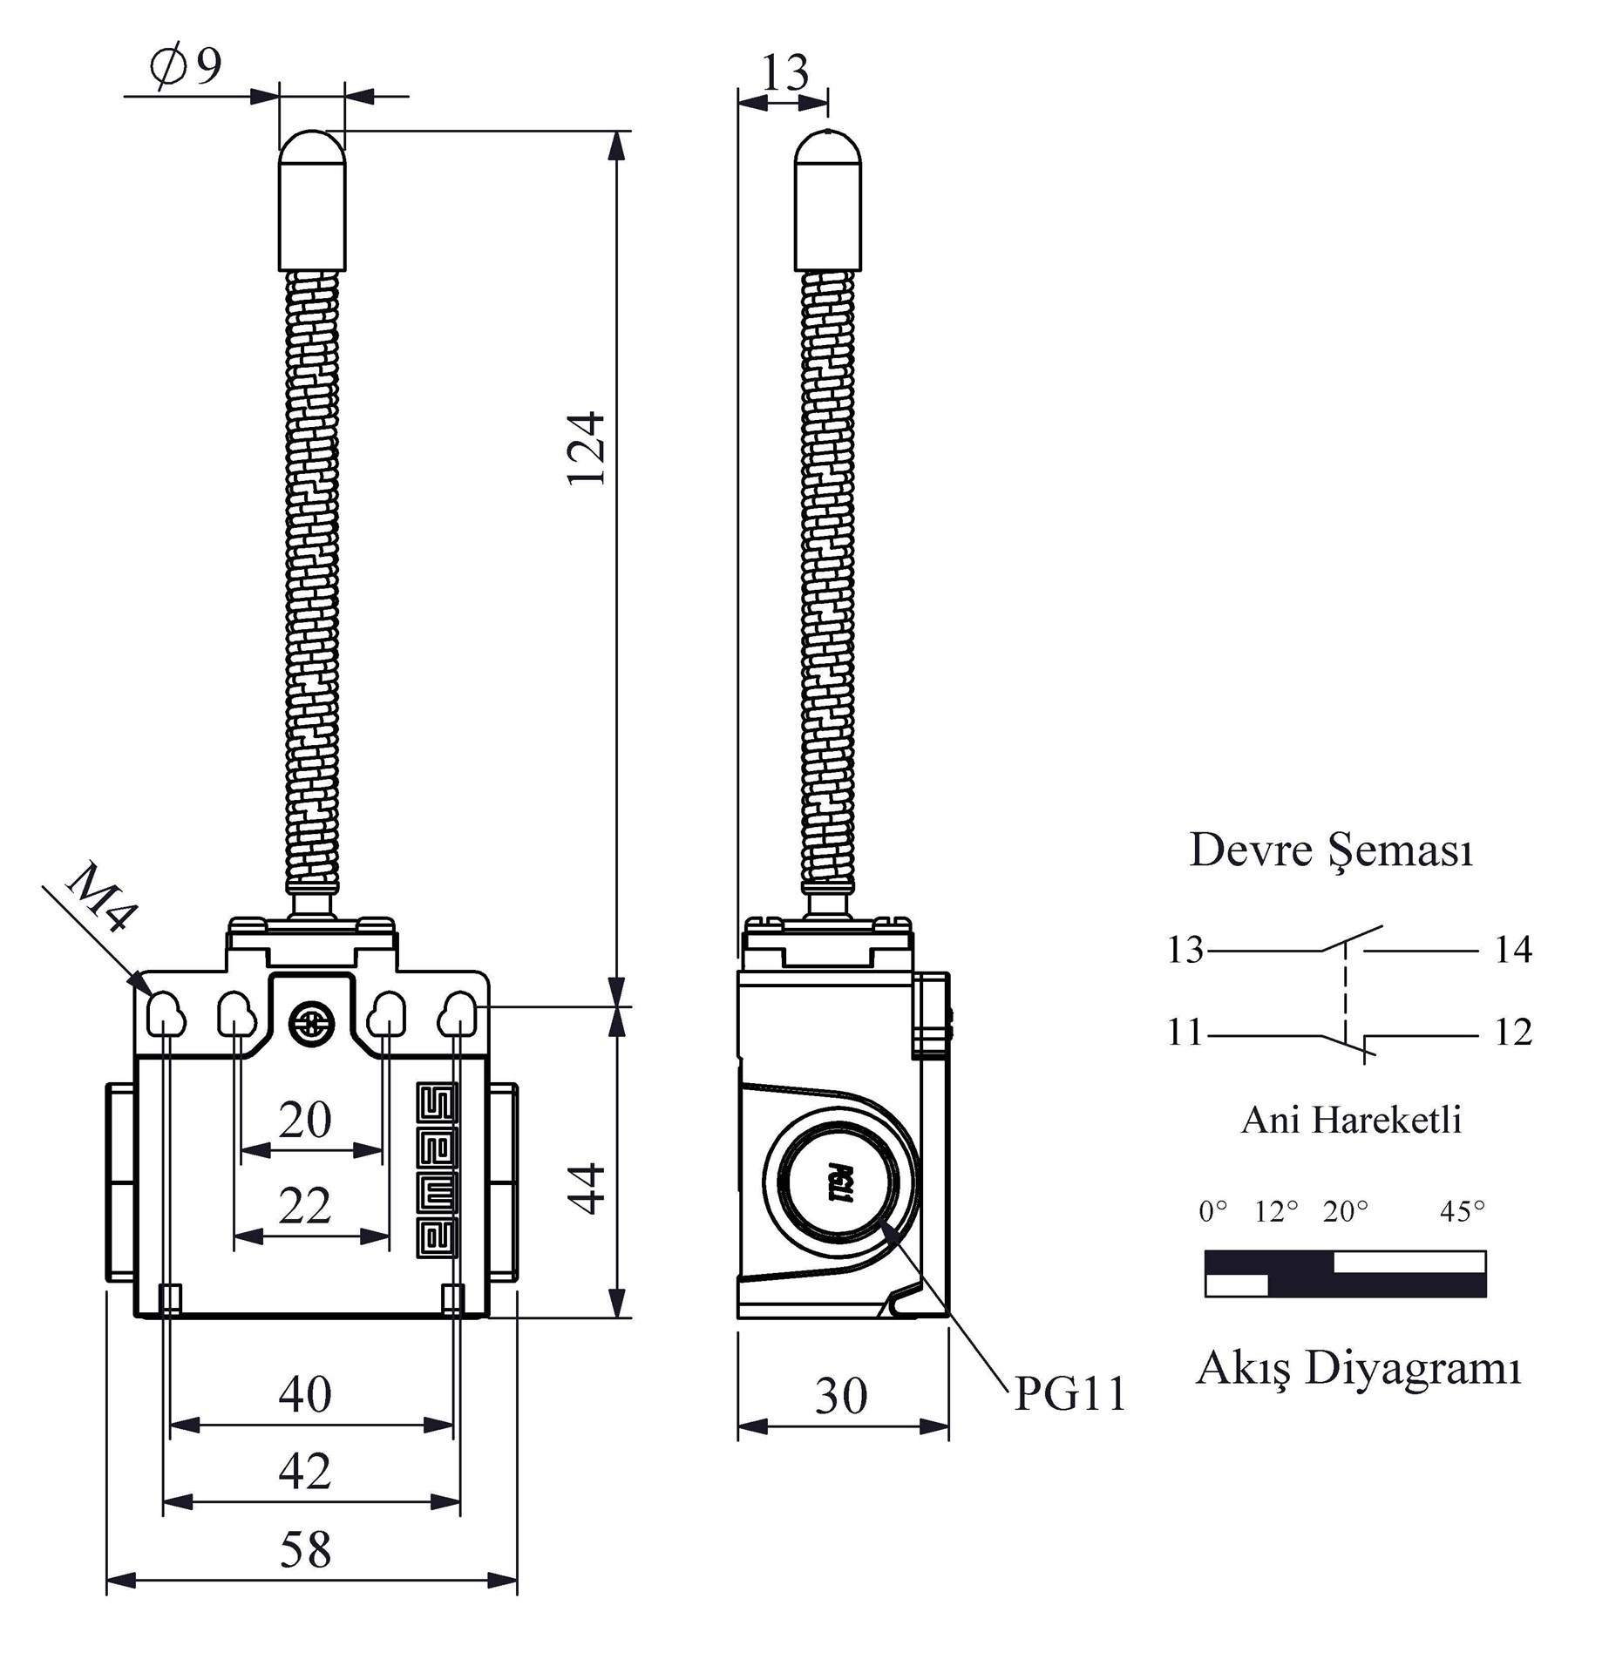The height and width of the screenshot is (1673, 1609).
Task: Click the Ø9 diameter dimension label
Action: [187, 66]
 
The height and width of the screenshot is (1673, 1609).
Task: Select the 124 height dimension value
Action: [586, 448]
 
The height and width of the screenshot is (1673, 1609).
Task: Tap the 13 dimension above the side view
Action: [784, 73]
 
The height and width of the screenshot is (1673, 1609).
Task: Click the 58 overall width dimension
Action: [305, 1549]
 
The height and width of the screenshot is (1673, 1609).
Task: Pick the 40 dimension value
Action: [305, 1394]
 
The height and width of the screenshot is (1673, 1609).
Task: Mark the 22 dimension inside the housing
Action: [305, 1206]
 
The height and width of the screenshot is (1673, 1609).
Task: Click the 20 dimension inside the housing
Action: [305, 1120]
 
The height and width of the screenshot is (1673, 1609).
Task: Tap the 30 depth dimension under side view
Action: [841, 1396]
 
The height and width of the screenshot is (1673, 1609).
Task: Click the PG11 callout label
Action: [1070, 1394]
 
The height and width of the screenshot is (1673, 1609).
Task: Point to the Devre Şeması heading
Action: [1331, 850]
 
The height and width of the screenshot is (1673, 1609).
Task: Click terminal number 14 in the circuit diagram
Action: [1513, 950]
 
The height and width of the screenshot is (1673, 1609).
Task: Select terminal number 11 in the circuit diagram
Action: [1185, 1033]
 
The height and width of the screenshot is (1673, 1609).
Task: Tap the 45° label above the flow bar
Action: [1463, 1212]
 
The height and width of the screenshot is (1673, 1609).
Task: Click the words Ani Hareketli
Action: [1351, 1121]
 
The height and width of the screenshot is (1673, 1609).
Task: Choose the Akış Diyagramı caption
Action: [1358, 1369]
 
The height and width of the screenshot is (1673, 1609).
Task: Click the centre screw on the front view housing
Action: [311, 1022]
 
